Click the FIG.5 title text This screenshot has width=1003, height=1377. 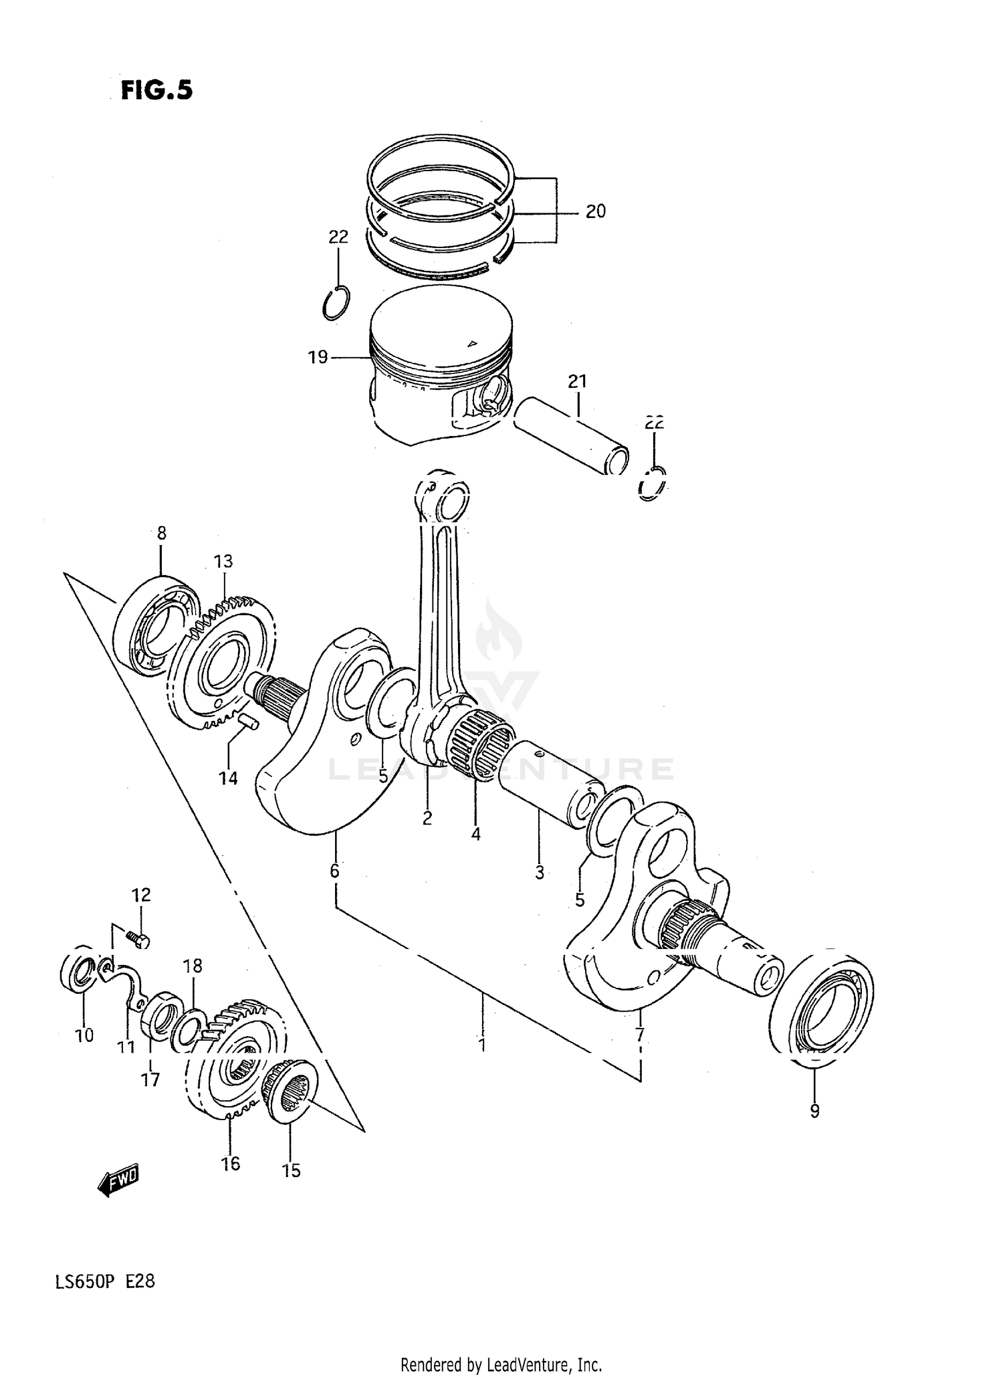(156, 90)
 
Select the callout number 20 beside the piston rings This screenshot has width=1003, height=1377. (595, 211)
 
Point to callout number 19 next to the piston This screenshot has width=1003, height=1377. (318, 357)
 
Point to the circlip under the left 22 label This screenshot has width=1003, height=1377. (336, 302)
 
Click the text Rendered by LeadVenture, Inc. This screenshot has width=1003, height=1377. (501, 1364)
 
